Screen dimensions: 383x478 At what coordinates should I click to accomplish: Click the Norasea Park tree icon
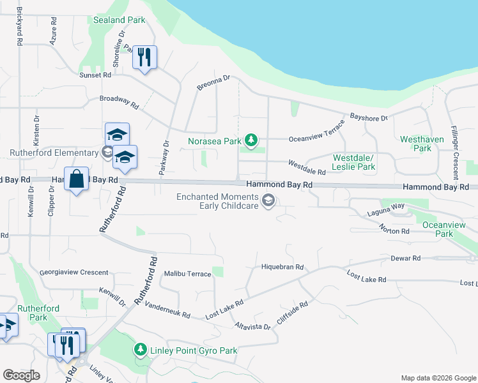pos(252,140)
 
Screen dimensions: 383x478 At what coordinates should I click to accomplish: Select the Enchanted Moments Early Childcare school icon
pos(269,201)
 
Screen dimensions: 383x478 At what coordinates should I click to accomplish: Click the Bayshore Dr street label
pos(369,118)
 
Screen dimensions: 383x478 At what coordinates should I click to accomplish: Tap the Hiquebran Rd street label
pos(282,267)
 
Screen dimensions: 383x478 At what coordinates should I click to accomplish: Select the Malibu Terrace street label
pos(187,274)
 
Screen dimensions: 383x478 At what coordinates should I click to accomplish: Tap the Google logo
pos(21,375)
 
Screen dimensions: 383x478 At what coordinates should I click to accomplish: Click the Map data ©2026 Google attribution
pos(438,378)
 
